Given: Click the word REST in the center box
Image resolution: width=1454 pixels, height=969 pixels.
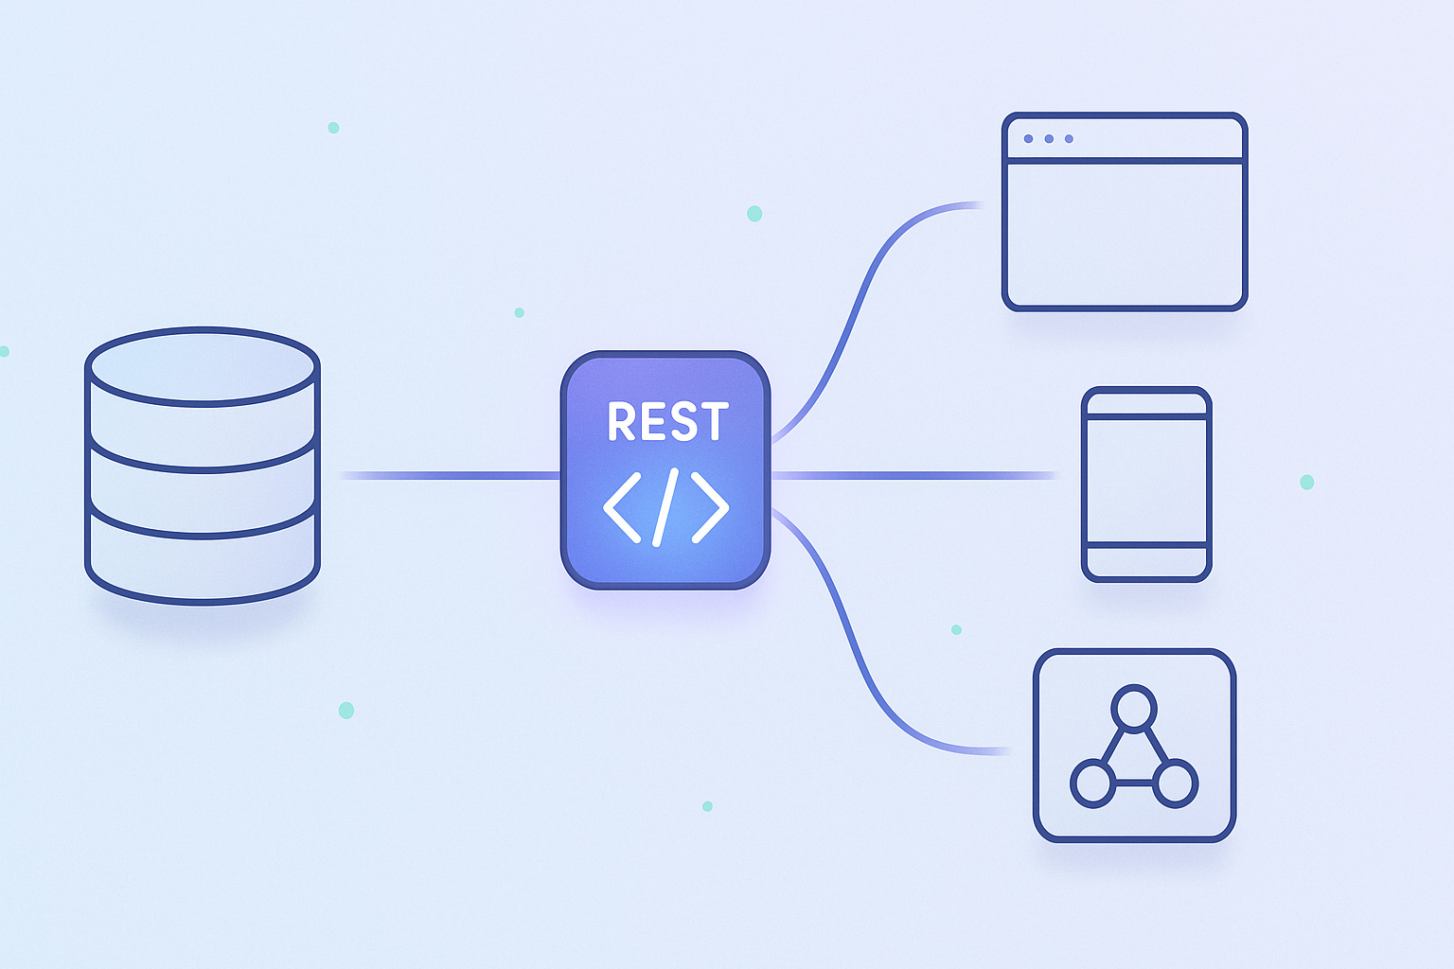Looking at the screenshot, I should click(x=667, y=422).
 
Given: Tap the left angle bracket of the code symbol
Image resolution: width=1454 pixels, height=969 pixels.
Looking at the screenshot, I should click(x=621, y=507).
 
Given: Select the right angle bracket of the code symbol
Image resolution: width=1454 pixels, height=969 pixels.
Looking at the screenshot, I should click(x=711, y=507).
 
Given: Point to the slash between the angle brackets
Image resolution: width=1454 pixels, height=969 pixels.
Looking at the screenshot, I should click(x=665, y=507).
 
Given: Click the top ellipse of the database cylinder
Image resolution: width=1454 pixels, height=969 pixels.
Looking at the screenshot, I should click(x=202, y=366).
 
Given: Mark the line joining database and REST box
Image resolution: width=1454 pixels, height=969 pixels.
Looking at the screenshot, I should click(x=450, y=475).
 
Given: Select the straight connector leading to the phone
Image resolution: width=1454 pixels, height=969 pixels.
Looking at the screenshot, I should click(x=913, y=475).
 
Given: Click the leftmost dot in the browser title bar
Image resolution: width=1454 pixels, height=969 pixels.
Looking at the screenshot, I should click(x=1029, y=139).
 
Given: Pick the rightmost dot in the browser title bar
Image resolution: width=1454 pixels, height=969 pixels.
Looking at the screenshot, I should click(x=1069, y=139).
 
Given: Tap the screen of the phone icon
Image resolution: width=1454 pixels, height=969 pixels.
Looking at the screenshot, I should click(x=1146, y=480).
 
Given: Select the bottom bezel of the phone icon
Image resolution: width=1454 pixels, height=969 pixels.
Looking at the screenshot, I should click(x=1146, y=562).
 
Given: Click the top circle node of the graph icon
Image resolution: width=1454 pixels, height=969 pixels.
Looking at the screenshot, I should click(x=1133, y=707).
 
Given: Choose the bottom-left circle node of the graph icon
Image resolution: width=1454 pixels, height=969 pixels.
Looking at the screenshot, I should click(x=1092, y=784).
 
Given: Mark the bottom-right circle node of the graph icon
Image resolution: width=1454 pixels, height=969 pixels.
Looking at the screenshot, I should click(x=1175, y=784).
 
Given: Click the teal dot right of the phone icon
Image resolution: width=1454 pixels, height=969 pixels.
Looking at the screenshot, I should click(x=1306, y=482).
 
